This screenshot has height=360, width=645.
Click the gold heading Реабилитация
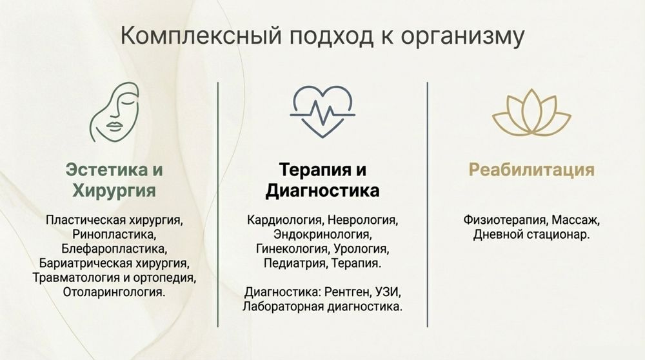coord(531,170)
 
